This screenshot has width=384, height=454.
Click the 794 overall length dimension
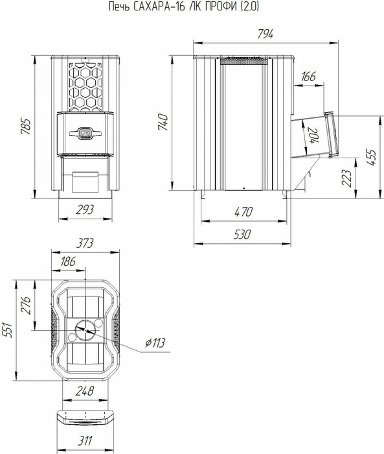coord(265,34)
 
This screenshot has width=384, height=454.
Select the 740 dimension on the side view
coord(163,122)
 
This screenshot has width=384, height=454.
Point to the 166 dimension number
coord(308,77)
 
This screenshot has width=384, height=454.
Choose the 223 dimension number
coord(346,178)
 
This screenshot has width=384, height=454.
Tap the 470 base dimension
coord(243,212)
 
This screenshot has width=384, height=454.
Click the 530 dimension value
coord(242,234)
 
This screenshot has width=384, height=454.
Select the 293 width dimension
coord(85,209)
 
